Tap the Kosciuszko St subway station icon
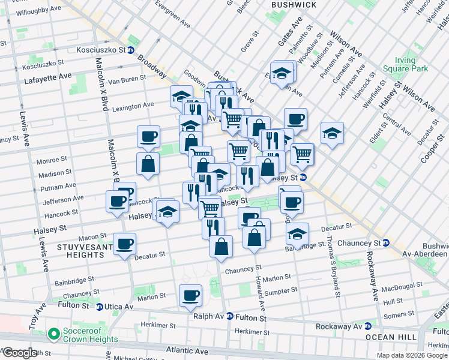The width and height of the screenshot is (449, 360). click(x=130, y=50)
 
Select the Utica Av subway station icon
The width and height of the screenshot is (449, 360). click(x=100, y=307)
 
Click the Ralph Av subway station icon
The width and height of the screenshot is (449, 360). click(x=229, y=316)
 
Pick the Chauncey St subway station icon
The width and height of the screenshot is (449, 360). click(x=386, y=243)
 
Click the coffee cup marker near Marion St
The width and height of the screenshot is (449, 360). click(x=190, y=295)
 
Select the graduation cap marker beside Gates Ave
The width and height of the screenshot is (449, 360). click(x=281, y=73)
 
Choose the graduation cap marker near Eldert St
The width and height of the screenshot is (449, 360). click(x=331, y=133)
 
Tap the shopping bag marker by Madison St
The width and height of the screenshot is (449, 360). click(x=148, y=163)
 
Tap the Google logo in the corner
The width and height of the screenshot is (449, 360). click(x=19, y=353)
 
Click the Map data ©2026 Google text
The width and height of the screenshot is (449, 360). click(x=411, y=355)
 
